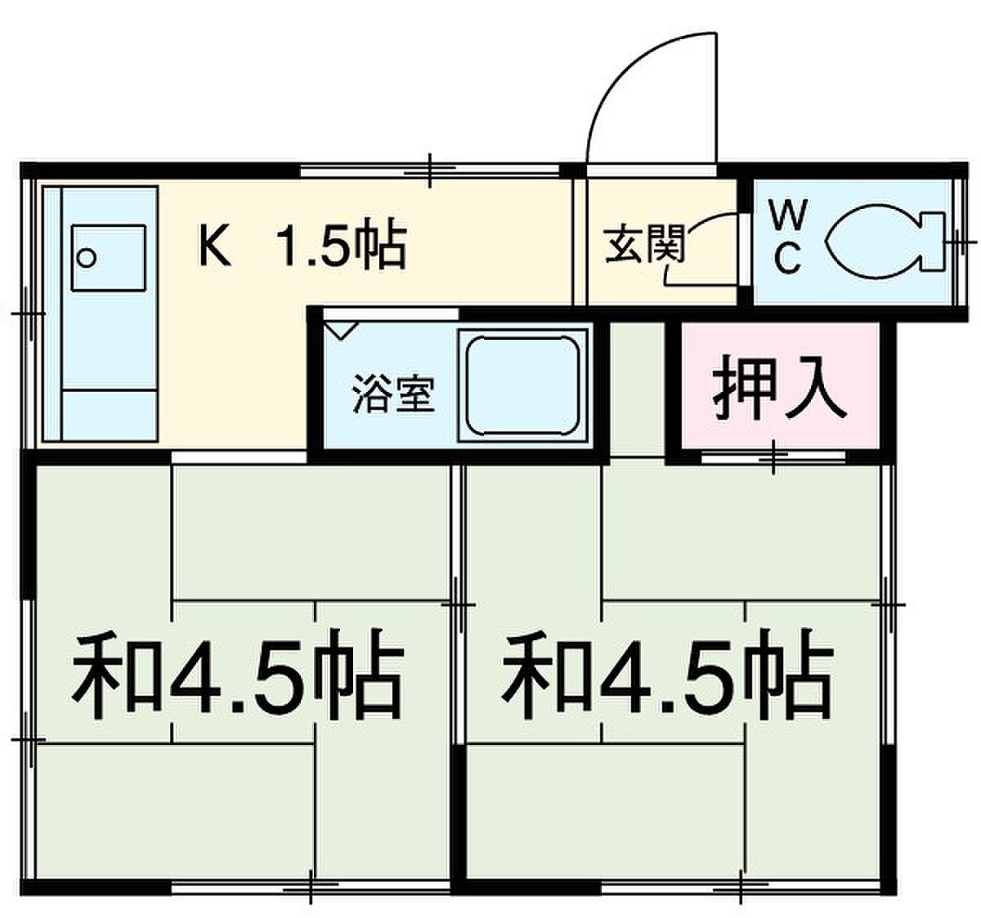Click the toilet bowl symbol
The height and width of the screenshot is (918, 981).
[x=871, y=242]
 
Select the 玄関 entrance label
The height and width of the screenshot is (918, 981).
[x=645, y=244]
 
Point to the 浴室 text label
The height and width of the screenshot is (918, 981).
[x=393, y=394]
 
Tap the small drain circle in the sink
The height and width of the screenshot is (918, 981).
[x=88, y=257]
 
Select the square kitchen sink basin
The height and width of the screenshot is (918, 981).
[x=109, y=258]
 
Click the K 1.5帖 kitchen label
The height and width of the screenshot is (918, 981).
[x=302, y=247]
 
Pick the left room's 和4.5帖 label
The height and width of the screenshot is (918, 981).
[x=238, y=675]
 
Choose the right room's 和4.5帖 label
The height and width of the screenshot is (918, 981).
[x=668, y=675]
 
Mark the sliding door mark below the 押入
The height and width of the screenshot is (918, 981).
[x=773, y=457]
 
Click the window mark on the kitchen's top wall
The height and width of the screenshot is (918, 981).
[x=430, y=171]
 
